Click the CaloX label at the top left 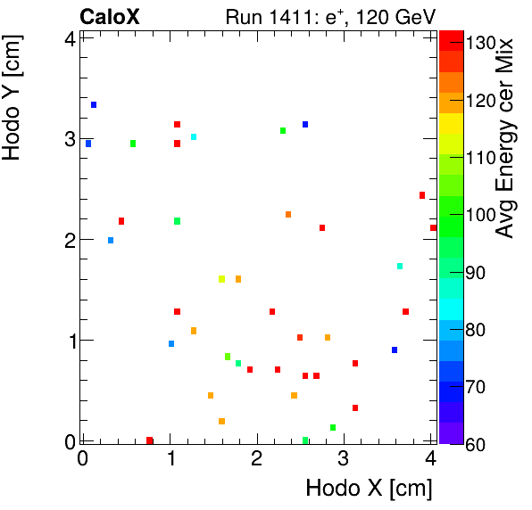pos(110,16)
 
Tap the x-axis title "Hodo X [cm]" pos(369,489)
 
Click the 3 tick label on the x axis pos(344,459)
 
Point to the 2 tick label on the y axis pos(68,240)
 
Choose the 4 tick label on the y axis pos(68,38)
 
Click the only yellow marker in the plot pos(221,279)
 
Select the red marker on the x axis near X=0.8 pos(150,440)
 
